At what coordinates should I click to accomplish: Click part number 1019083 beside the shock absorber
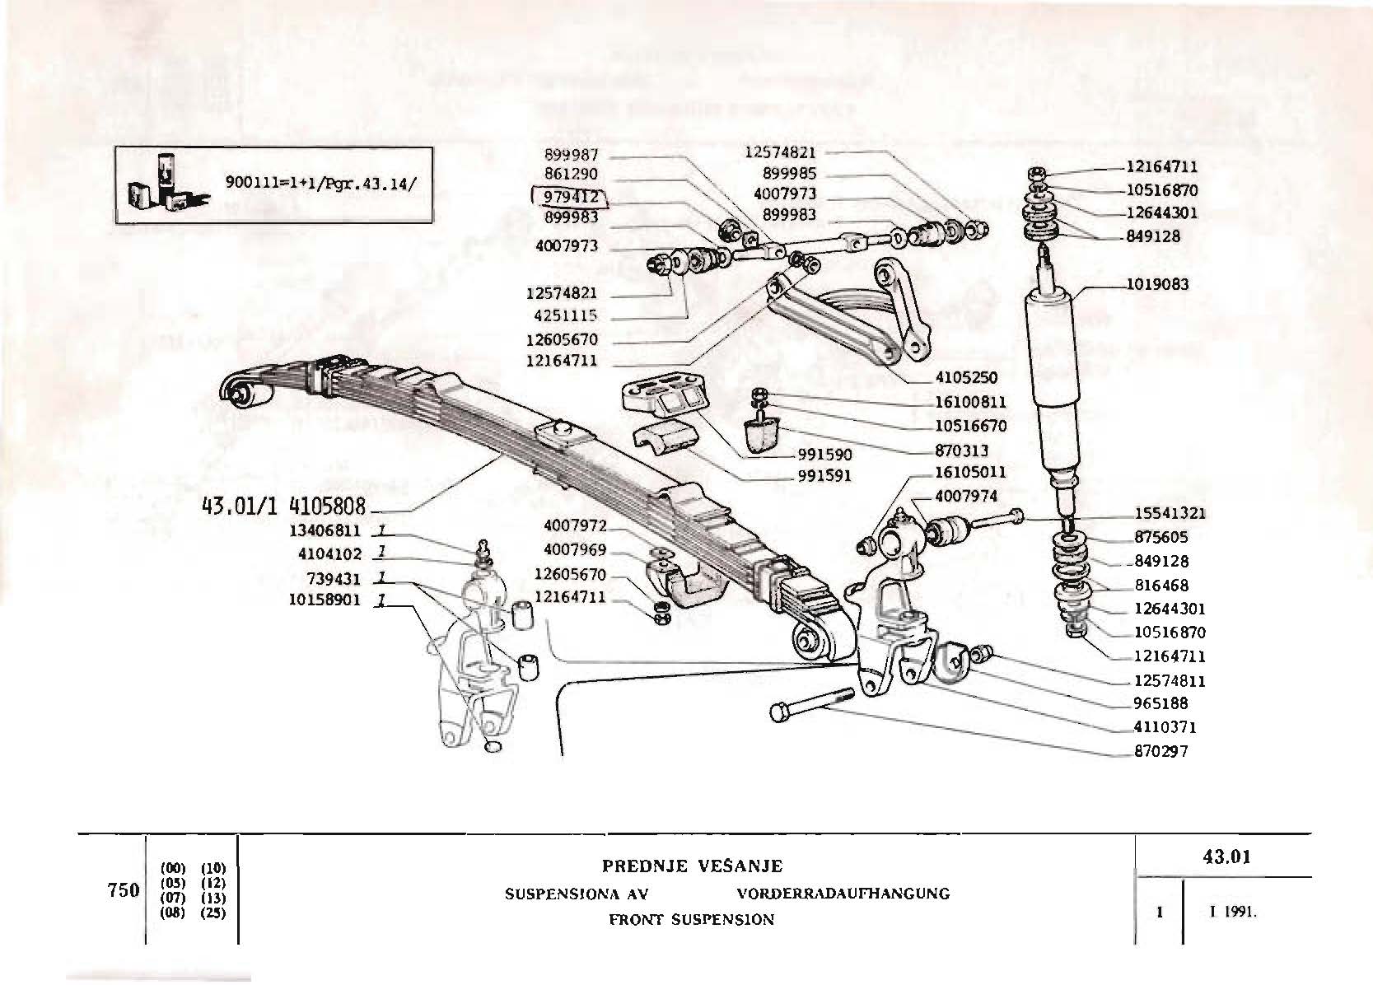point(1157,285)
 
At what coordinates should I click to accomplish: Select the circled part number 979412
point(570,198)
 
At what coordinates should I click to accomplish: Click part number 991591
point(824,476)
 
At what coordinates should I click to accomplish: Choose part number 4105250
point(966,378)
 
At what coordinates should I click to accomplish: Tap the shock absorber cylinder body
point(1049,387)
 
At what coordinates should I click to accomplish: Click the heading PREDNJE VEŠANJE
point(692,866)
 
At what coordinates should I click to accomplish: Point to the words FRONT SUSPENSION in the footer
point(692,920)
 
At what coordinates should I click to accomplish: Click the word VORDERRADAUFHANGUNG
point(843,894)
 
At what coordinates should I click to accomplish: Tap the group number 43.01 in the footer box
point(1226,857)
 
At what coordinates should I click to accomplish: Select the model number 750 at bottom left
point(123,891)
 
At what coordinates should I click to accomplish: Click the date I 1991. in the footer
point(1233,913)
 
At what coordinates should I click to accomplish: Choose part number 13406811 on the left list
point(325,531)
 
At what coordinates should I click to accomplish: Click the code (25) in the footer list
point(212,913)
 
